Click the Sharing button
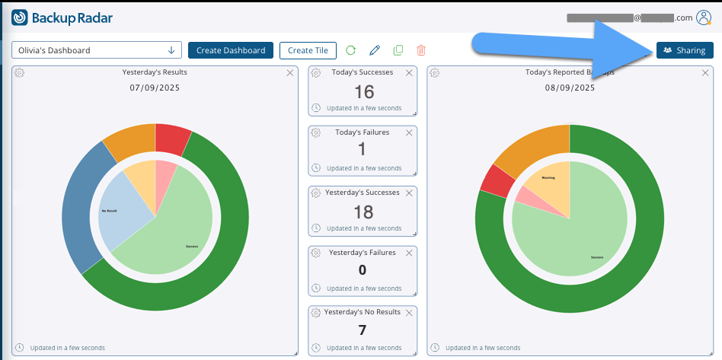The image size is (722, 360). [x=684, y=50]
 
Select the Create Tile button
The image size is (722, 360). [x=308, y=50]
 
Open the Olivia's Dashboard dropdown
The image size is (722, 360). [x=97, y=50]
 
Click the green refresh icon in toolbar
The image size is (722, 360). [x=350, y=50]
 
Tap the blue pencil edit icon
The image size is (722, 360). [x=374, y=50]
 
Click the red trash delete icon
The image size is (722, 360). [x=420, y=50]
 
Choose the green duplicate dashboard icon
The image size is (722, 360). [x=398, y=50]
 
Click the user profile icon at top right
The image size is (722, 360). [x=704, y=18]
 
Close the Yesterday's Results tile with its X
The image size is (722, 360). [x=289, y=72]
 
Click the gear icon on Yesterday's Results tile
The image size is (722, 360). [x=20, y=72]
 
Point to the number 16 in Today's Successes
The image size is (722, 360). [x=364, y=92]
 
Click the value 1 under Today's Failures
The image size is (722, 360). [x=362, y=150]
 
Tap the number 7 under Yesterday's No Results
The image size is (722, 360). [x=363, y=330]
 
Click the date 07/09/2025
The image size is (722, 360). [x=155, y=88]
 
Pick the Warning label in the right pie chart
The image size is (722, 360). [x=548, y=177]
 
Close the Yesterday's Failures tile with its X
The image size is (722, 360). [x=409, y=252]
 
